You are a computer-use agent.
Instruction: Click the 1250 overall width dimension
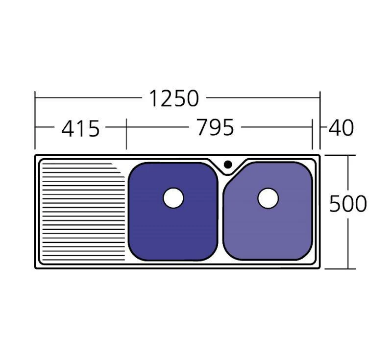pos(174,98)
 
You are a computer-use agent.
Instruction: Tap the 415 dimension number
pos(80,129)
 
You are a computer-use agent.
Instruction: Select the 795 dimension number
pos(215,127)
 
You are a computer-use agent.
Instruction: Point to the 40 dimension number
pos(341,128)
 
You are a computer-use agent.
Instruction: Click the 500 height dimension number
pos(348,204)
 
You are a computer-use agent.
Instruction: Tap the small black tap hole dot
pos(228,165)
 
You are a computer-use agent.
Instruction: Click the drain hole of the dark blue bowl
pos(173,198)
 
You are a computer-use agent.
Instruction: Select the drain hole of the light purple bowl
pos(268,198)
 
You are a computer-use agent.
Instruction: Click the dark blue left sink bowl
pos(173,212)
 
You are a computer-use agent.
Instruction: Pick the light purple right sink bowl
pos(268,212)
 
